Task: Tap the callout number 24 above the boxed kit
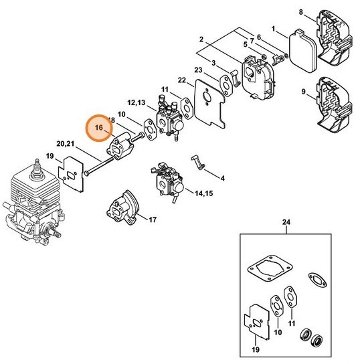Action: point(286,221)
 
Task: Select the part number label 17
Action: point(153,219)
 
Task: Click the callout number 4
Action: point(222,178)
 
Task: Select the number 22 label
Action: point(181,81)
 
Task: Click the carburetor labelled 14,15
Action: point(163,179)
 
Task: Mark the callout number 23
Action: point(199,70)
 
